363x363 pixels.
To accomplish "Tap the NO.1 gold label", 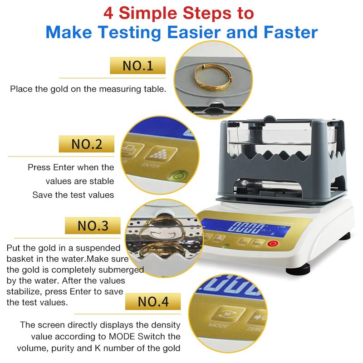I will point(137,66).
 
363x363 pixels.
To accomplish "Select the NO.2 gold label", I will point(86,144).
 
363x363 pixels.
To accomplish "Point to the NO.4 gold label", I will point(152,301).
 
